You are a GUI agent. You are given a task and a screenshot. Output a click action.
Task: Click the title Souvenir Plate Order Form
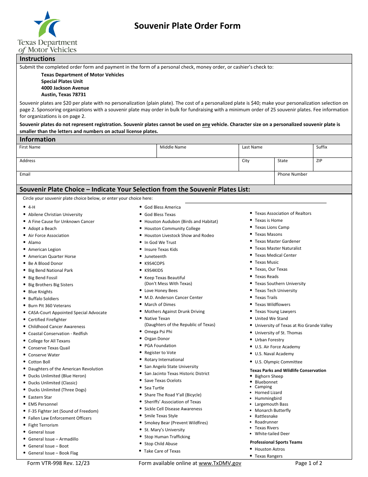[x=187, y=26]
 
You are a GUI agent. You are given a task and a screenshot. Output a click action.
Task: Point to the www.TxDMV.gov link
[x=220, y=463]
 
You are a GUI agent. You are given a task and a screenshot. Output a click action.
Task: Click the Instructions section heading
[x=38, y=59]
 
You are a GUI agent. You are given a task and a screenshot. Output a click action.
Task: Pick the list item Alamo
[x=34, y=242]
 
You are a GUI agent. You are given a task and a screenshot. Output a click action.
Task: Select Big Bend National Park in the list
[x=50, y=270]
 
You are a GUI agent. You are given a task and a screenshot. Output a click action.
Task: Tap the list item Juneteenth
[x=155, y=256]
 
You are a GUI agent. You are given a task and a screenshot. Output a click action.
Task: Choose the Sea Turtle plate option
[x=154, y=388]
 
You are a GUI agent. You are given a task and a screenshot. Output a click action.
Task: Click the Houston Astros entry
[x=270, y=449]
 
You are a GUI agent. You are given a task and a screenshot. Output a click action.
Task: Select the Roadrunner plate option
[x=267, y=422]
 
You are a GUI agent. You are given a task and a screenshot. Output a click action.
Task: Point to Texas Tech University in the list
[x=276, y=290]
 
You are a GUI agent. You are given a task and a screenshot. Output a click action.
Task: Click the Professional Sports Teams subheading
[x=276, y=442]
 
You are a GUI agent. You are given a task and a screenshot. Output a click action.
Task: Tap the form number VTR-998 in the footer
[x=58, y=463]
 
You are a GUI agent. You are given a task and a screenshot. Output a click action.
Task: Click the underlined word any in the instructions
[x=206, y=124]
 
